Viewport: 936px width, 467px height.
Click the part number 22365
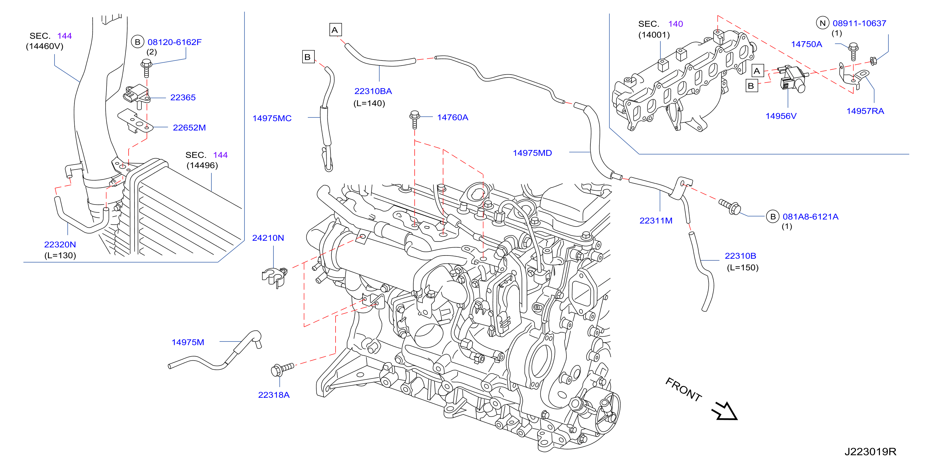click(183, 97)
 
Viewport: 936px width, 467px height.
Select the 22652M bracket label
click(189, 127)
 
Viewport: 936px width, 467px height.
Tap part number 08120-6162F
click(175, 42)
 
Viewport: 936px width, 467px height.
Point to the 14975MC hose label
click(272, 118)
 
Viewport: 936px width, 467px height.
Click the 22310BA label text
click(373, 91)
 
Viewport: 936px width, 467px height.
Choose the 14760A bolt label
click(452, 117)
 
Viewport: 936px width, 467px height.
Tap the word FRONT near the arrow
click(683, 389)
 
